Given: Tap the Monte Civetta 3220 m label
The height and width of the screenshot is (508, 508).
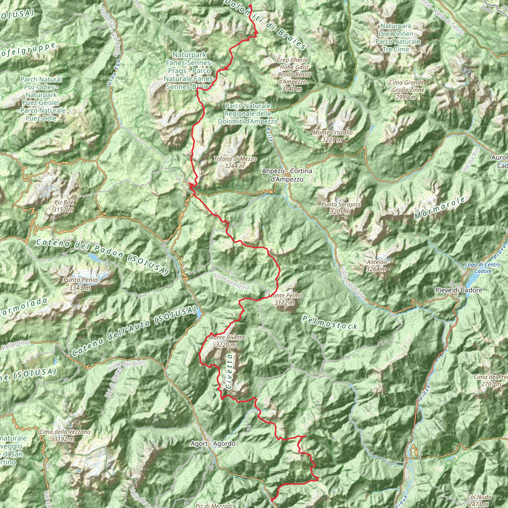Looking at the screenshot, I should tap(226, 341).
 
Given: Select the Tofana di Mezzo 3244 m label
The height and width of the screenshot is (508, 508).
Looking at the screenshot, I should tap(235, 162).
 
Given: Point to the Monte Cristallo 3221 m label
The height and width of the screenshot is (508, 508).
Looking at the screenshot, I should tap(332, 136).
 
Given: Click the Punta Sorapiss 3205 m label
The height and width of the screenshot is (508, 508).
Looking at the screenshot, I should tap(341, 208).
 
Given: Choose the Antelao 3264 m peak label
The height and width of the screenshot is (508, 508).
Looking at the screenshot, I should tap(377, 266).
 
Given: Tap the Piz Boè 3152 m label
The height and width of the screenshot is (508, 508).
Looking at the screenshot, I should tap(64, 206).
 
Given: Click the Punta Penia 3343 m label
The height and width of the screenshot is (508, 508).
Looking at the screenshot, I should tap(80, 284).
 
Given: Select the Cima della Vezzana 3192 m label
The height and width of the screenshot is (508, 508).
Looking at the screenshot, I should tap(65, 435).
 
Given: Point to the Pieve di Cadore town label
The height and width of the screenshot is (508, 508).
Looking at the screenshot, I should tap(459, 290).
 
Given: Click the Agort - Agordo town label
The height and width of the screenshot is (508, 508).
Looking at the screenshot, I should tap(213, 444).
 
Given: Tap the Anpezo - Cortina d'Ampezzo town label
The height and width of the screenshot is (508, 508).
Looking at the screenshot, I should tap(287, 175).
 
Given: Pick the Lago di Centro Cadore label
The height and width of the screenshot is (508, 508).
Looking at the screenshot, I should tap(483, 268).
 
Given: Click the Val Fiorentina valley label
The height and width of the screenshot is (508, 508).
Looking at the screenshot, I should tap(232, 282).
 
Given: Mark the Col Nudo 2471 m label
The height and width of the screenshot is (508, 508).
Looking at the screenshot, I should tap(479, 500).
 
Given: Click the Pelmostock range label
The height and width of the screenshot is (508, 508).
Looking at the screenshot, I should tap(330, 323).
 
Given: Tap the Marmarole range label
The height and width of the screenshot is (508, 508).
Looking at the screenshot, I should tap(440, 208).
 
